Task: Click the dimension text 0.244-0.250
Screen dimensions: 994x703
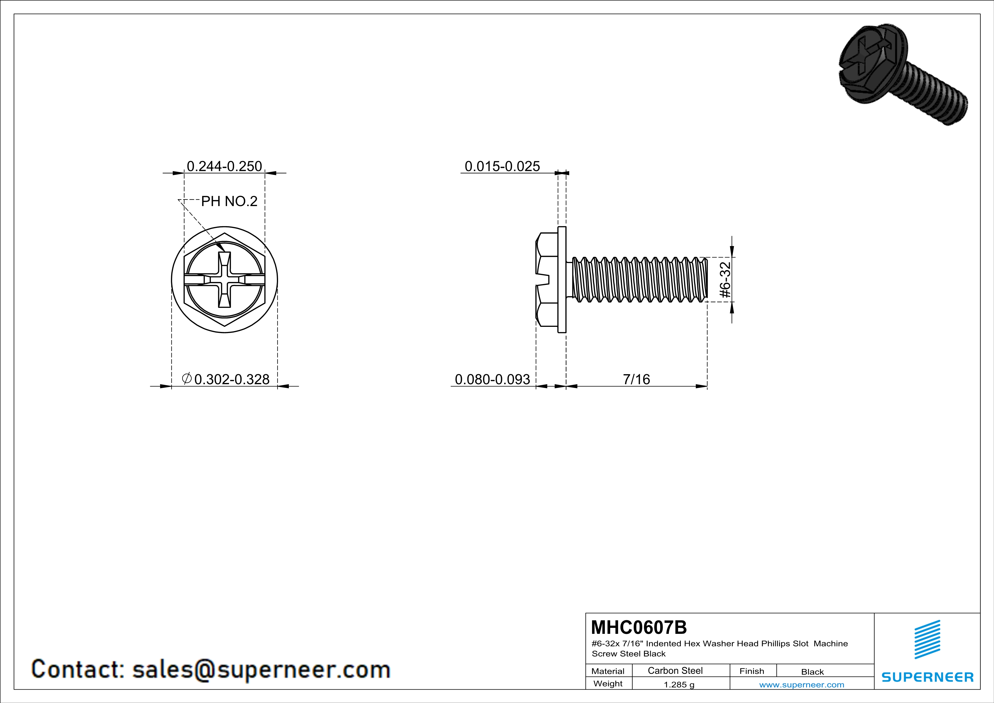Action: tap(224, 166)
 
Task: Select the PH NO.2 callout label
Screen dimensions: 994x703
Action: tap(230, 201)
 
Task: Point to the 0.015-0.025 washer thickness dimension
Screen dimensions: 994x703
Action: tap(502, 166)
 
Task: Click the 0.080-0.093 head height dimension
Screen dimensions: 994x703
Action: tap(492, 379)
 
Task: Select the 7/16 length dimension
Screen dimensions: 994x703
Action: tap(636, 379)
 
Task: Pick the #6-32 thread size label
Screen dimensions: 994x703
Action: tap(725, 280)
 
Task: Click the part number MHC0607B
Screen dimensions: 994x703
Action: tap(639, 627)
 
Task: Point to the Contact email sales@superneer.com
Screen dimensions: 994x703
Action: tap(211, 669)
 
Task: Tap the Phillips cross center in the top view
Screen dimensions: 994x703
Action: tap(224, 280)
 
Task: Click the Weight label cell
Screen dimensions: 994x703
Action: tap(608, 683)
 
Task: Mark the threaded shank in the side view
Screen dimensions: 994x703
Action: tap(640, 280)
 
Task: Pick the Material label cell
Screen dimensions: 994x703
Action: tap(608, 671)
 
